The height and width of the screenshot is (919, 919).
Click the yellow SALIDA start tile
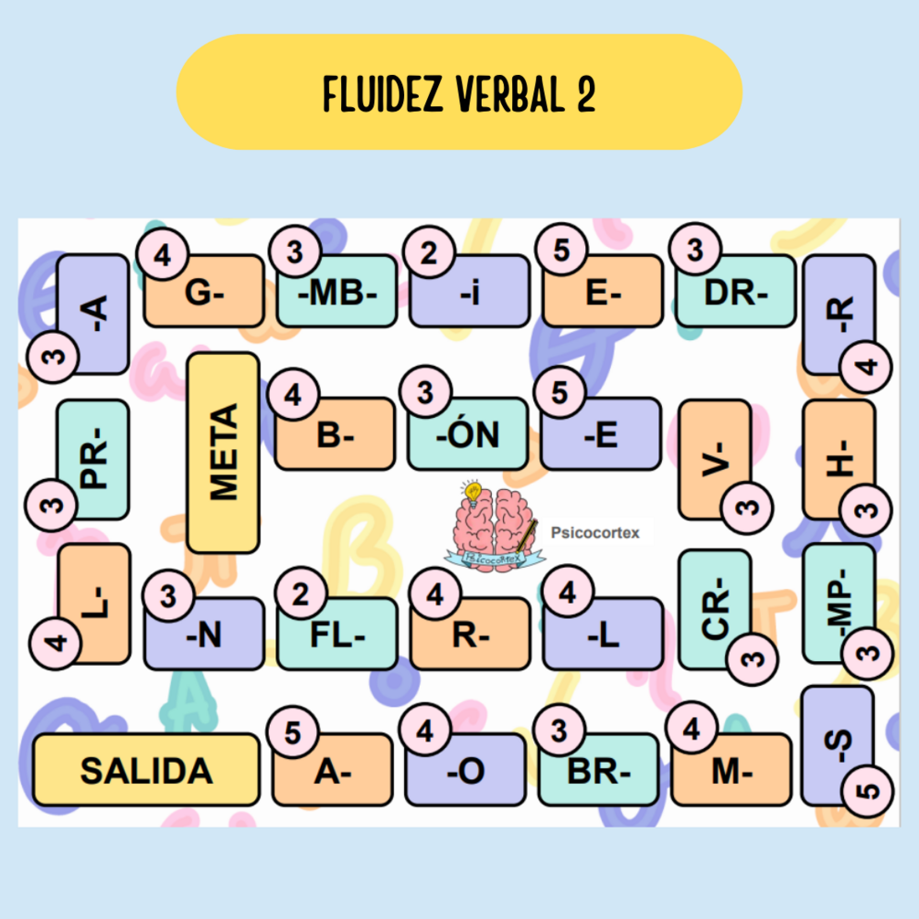[146, 770]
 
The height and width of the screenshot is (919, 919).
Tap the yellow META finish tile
[223, 453]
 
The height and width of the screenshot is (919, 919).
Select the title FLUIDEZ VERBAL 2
[459, 92]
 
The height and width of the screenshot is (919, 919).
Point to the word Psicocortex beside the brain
[595, 531]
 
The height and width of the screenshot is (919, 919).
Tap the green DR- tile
[736, 293]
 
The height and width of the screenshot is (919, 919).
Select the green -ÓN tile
[468, 435]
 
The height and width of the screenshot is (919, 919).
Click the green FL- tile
[337, 635]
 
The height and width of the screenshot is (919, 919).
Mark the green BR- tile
[599, 772]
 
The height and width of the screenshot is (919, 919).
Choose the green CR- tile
[715, 607]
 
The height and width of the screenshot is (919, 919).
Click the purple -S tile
[838, 745]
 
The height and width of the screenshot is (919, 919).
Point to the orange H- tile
[839, 457]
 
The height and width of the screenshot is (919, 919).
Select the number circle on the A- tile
[294, 732]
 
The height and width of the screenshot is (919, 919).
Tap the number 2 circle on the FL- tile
[300, 595]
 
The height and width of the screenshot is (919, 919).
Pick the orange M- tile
[732, 772]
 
